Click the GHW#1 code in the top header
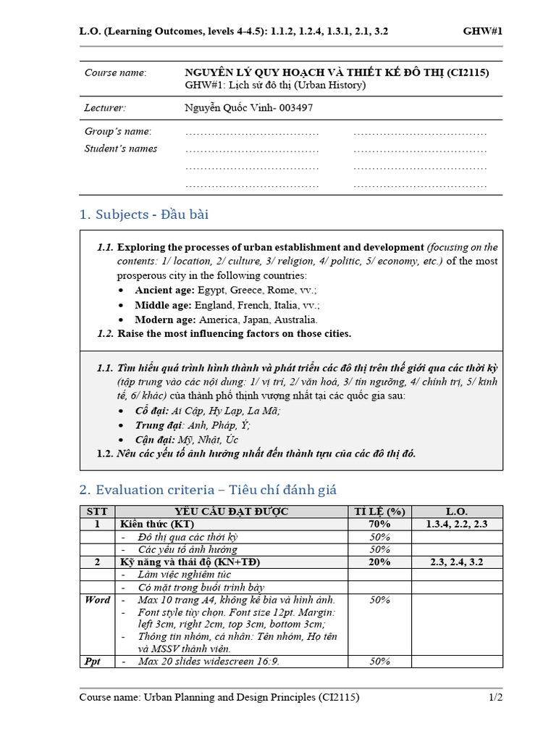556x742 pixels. pos(483,31)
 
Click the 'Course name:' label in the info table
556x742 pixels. pos(115,73)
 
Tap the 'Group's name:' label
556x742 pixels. pos(118,131)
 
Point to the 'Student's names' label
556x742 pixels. pos(121,149)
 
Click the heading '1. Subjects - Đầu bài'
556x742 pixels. pos(144,214)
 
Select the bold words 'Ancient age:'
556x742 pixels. pos(164,290)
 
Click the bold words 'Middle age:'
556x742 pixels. pos(163,305)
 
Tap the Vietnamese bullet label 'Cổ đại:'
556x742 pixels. pos(151,410)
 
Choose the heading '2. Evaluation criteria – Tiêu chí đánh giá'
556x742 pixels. pos(208,490)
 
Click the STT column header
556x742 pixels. pos(97,512)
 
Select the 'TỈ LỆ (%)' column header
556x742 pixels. pos(379,512)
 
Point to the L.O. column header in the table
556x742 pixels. pos(457,512)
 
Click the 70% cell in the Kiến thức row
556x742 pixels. pos(379,524)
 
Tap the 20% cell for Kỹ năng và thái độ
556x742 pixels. pos(379,562)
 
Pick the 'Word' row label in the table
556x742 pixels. pos(97,600)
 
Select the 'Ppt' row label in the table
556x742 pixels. pos(93,662)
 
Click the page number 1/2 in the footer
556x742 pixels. pos(495,698)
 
